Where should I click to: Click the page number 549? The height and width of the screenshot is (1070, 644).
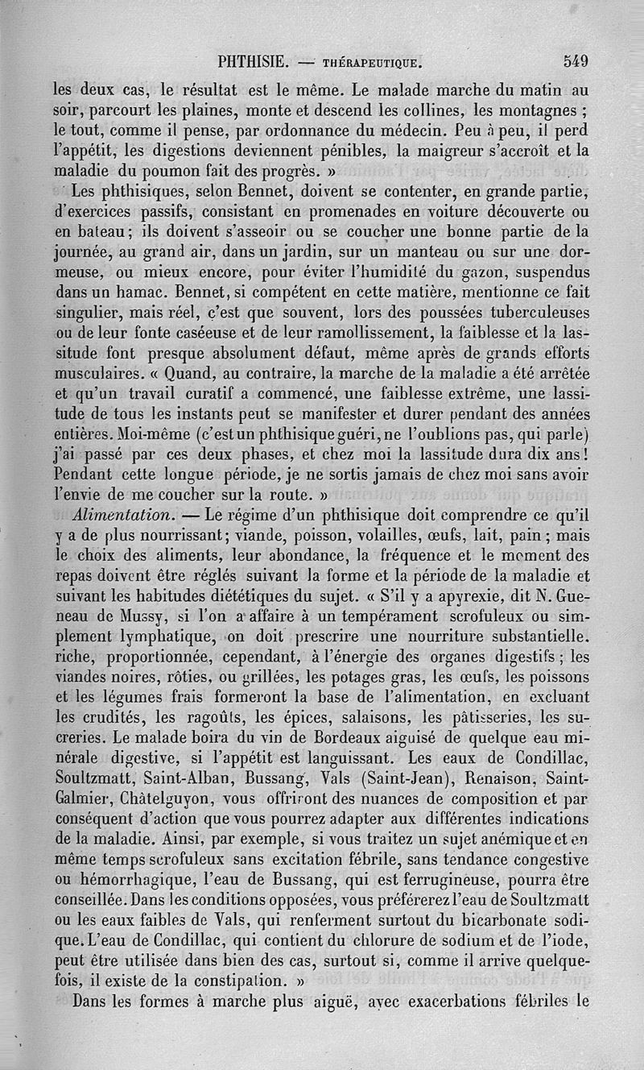[576, 60]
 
